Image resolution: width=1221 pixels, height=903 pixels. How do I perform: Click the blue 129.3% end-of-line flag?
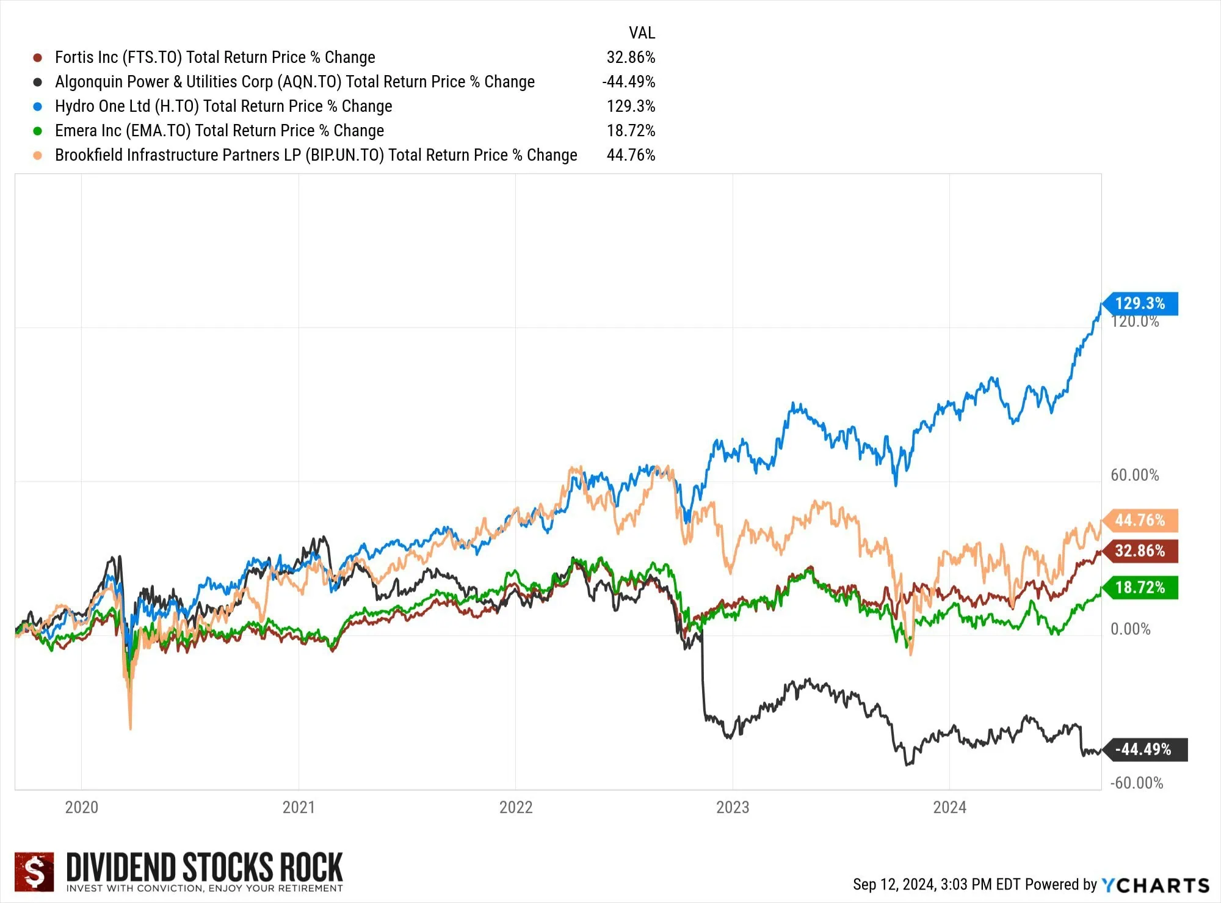tap(1140, 304)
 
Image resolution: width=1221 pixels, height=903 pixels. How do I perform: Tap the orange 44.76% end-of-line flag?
tap(1140, 521)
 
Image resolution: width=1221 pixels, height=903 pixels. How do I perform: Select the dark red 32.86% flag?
tap(1140, 551)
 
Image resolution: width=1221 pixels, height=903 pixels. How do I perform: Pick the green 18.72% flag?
tap(1140, 588)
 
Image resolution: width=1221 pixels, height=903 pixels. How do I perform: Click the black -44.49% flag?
tap(1143, 750)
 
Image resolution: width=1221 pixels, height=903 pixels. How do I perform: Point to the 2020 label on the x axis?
tap(81, 807)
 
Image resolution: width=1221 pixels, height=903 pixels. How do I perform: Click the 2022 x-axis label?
tap(515, 807)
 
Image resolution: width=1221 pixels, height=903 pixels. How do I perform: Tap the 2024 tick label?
tap(949, 807)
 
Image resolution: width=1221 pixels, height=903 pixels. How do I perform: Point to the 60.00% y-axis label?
tap(1134, 475)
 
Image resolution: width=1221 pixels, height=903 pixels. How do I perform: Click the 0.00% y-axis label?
tap(1130, 629)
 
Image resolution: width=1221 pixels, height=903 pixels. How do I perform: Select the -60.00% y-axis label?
tap(1136, 783)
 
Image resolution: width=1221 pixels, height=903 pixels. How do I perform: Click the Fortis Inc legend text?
tap(215, 57)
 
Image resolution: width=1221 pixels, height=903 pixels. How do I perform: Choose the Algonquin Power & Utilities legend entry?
tap(294, 82)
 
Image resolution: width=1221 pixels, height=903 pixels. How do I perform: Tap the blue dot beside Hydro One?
tap(38, 106)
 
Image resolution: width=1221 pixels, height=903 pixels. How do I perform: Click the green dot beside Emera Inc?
tap(38, 131)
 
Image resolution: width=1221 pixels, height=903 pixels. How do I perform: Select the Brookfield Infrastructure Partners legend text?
tap(316, 155)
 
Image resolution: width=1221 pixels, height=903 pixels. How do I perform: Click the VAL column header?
tap(642, 32)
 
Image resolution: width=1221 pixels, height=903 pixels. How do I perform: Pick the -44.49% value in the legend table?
tap(628, 82)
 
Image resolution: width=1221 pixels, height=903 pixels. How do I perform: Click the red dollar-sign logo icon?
tap(34, 872)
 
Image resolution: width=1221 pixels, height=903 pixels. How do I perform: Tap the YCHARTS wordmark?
tap(1155, 885)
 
